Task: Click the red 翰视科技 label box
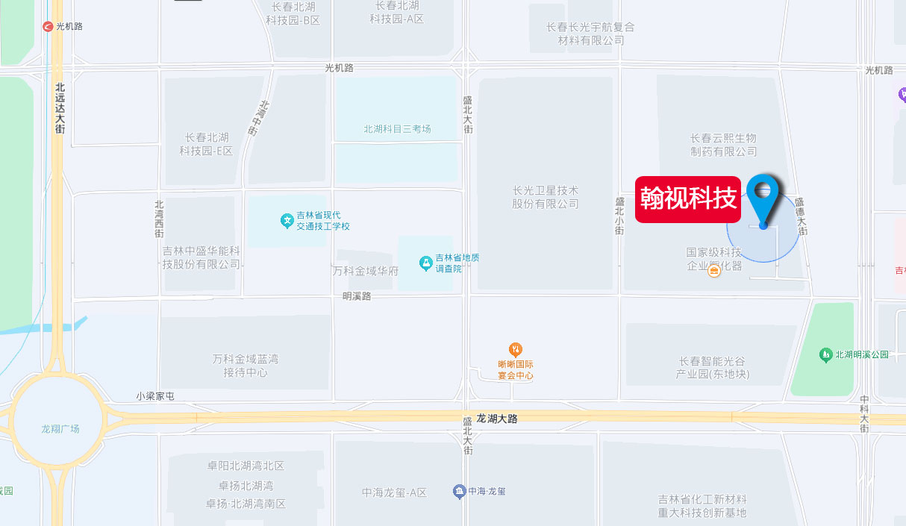click(687, 199)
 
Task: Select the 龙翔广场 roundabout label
click(60, 428)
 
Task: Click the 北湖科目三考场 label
click(397, 129)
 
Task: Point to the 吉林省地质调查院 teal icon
click(425, 263)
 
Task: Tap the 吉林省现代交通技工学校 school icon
click(287, 221)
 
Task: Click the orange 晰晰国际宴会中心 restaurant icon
click(515, 349)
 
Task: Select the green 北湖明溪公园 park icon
click(825, 354)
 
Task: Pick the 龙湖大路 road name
click(496, 419)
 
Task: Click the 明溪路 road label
click(357, 296)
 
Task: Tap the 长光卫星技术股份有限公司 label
click(546, 197)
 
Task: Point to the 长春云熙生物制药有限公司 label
click(723, 145)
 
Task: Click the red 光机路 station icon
click(49, 26)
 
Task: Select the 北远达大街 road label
click(60, 107)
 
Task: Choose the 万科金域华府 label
click(366, 271)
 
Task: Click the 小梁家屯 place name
click(154, 396)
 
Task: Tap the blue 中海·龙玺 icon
click(459, 491)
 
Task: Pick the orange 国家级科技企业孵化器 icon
click(714, 272)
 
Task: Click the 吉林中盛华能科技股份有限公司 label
click(201, 257)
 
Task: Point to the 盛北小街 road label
click(619, 216)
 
